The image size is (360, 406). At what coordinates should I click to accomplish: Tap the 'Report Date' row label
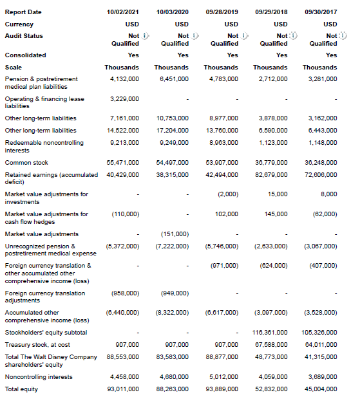tap(23, 12)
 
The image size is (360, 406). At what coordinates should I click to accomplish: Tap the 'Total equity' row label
tap(21, 389)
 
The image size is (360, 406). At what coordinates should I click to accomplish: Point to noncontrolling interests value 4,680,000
tap(173, 377)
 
